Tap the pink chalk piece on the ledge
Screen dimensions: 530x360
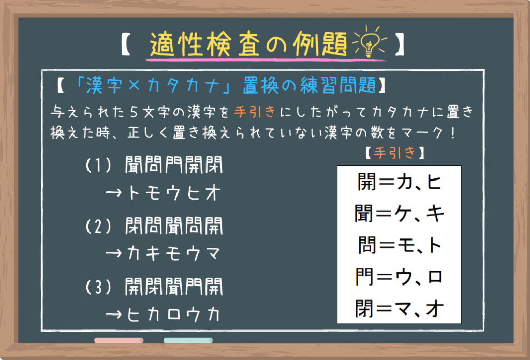coord(119,340)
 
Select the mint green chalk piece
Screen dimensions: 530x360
coord(188,340)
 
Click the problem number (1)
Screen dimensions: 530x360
coord(98,165)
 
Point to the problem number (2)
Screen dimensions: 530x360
coord(98,226)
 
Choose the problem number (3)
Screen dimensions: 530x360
coord(98,287)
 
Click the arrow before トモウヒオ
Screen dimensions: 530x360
coord(113,193)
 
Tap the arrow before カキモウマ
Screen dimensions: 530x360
coord(113,253)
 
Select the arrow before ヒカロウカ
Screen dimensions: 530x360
coord(113,314)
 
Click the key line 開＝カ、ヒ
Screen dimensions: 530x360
coord(399,182)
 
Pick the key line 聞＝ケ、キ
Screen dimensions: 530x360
coord(399,214)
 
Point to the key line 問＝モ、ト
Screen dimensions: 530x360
coord(399,245)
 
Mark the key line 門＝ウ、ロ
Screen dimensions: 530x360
coord(399,277)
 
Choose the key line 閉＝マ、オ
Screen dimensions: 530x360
coord(399,308)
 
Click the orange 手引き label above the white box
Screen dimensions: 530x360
coord(394,153)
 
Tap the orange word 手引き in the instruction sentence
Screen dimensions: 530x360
coord(255,112)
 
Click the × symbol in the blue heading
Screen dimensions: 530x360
coord(134,85)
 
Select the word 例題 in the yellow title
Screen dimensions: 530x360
coord(320,44)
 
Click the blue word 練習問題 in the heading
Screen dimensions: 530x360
coord(338,85)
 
